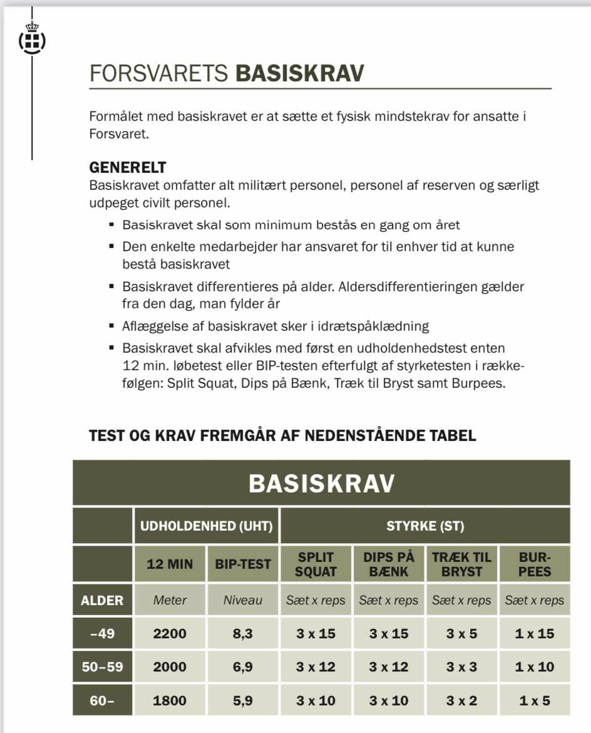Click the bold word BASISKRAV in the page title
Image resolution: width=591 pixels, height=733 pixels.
point(299,73)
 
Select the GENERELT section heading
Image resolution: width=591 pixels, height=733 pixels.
point(128,168)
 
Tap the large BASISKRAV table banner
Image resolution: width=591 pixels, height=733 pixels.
point(321,483)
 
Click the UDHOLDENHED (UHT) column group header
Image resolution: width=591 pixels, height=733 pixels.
point(206,526)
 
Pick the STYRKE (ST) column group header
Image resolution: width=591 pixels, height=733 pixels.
point(425,526)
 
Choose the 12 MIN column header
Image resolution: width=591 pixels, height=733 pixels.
point(170,564)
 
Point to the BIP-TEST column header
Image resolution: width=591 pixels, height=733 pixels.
point(243,564)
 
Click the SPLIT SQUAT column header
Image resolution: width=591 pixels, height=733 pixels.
point(316,564)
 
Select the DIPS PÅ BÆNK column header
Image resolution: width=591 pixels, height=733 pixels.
point(389,564)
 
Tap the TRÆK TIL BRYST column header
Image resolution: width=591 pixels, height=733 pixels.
point(461,564)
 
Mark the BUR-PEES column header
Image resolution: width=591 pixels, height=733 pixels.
point(534,564)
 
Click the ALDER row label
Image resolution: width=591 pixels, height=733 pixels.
point(103,600)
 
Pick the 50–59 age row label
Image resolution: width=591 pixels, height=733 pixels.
point(103,667)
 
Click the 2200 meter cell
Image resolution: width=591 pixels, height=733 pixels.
point(170,633)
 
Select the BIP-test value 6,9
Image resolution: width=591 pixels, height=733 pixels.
point(243,667)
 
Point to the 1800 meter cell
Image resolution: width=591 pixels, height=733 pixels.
point(170,700)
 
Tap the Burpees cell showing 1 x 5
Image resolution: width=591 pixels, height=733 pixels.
point(534,700)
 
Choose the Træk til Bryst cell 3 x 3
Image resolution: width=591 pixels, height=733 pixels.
point(461,667)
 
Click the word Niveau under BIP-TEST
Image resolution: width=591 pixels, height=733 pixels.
point(243,600)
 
